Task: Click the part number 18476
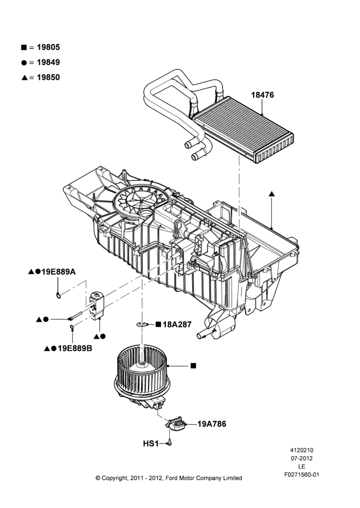[262, 95]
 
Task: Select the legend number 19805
[48, 47]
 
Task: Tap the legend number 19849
[48, 62]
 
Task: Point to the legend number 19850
[48, 77]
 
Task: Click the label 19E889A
[58, 272]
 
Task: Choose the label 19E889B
[75, 348]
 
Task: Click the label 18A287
[177, 324]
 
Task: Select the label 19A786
[212, 424]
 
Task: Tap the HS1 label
[151, 443]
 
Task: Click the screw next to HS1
[169, 442]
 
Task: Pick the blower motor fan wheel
[142, 372]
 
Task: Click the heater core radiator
[243, 130]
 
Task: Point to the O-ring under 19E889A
[58, 295]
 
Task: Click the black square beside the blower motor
[194, 366]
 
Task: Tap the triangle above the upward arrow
[272, 194]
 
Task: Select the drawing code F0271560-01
[302, 474]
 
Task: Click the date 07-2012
[302, 458]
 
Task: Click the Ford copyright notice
[169, 478]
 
